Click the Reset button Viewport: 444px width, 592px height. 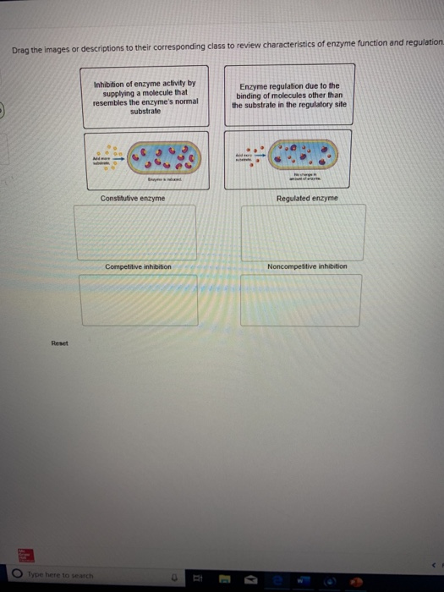(x=58, y=343)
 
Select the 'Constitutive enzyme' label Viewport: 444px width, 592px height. (x=133, y=198)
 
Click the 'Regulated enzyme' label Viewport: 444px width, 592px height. (x=306, y=198)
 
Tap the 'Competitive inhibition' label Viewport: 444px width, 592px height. (x=138, y=266)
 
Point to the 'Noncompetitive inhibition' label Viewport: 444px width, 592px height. (x=306, y=266)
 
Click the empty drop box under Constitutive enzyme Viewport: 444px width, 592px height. (x=136, y=232)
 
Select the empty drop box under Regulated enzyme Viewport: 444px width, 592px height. (x=304, y=232)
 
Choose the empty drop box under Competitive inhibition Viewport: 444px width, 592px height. (x=139, y=299)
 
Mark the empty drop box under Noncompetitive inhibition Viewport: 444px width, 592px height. (x=300, y=299)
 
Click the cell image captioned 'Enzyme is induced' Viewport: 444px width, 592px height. (x=144, y=159)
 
